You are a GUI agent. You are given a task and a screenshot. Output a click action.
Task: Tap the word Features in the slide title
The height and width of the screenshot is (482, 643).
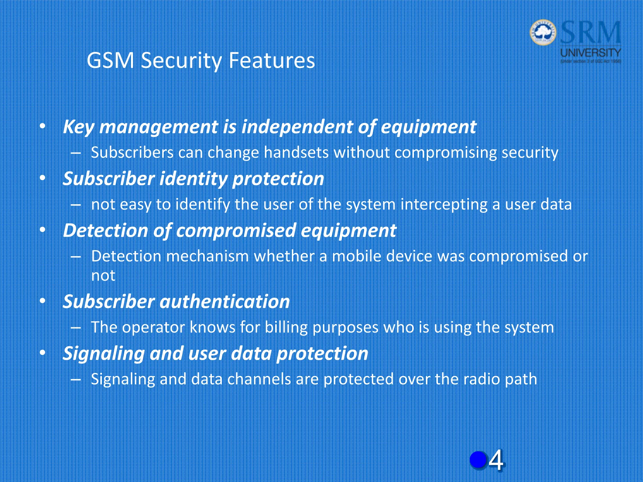point(272,60)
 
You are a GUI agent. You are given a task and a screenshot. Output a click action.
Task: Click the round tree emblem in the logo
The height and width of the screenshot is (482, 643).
point(543,32)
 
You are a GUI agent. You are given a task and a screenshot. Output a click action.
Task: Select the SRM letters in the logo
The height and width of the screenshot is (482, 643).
point(590,32)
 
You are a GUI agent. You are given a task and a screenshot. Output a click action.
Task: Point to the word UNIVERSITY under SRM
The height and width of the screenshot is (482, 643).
point(591,53)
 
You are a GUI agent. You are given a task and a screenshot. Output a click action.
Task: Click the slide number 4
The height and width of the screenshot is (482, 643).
point(496,460)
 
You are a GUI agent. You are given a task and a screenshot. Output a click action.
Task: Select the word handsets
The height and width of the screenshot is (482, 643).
point(296,153)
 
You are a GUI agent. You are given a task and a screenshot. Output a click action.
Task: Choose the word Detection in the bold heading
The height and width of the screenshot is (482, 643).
point(105,230)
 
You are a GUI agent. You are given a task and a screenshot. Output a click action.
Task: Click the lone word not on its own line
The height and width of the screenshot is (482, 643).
point(103,276)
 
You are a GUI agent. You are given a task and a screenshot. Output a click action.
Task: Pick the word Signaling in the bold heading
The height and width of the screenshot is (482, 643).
point(104,354)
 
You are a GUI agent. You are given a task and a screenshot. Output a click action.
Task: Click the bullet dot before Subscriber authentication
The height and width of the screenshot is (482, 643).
point(43,301)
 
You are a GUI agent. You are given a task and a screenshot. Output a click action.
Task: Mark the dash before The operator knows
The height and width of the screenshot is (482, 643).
point(76,328)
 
